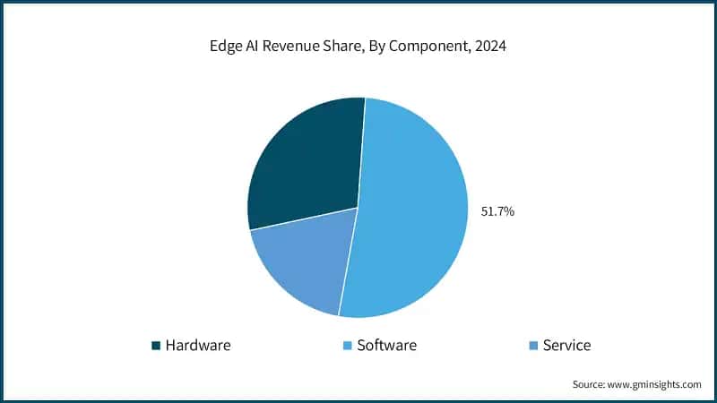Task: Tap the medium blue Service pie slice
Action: point(300,264)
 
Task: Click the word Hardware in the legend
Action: point(198,345)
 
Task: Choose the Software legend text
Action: point(386,345)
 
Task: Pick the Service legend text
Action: point(566,345)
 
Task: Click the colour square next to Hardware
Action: point(156,346)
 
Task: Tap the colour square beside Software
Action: point(347,346)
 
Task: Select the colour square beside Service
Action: point(533,346)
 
